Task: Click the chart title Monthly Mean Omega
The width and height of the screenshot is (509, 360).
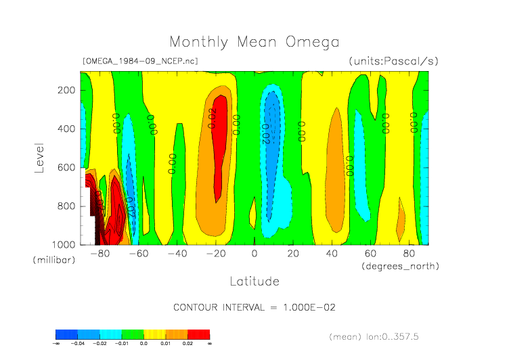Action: coord(254,42)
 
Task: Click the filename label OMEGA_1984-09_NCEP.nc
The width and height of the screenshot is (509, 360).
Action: coord(140,61)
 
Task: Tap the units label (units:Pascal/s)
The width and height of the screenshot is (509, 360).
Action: coord(393,61)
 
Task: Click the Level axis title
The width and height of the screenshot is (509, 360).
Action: coord(39,157)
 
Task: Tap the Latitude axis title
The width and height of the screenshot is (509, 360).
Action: coord(254,280)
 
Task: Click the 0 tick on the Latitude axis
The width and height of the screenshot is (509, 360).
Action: coord(255,254)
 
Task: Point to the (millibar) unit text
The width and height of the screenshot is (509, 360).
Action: coord(56,260)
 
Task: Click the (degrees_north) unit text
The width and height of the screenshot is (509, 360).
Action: coord(400,266)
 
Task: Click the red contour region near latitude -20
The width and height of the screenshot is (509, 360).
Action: coord(218,156)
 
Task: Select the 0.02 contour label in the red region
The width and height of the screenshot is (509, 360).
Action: coord(213,118)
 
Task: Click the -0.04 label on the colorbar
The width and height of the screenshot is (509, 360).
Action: coord(79,344)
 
